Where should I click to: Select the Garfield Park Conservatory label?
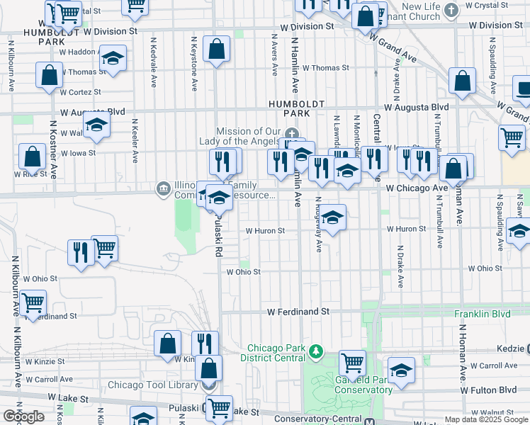353,385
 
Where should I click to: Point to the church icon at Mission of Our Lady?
291,134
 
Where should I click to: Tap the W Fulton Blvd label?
488,390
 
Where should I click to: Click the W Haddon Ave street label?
79,51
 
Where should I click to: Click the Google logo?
23,416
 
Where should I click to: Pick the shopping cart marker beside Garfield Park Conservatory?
352,363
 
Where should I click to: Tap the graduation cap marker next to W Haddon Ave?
112,59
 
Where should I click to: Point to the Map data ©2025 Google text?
485,419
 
